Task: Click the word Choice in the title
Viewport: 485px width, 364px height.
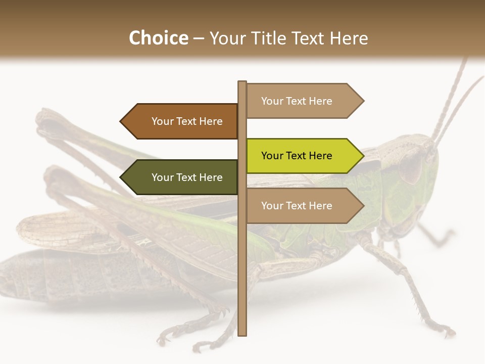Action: pyautogui.click(x=158, y=38)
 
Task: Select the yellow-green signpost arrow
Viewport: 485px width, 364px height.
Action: pyautogui.click(x=303, y=156)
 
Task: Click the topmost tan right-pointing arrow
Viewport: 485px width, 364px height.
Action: pyautogui.click(x=303, y=101)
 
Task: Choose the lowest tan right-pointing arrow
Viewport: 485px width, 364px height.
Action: pyautogui.click(x=303, y=206)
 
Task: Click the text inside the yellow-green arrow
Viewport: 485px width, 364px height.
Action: pyautogui.click(x=297, y=156)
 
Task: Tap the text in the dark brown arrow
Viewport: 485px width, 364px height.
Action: pyautogui.click(x=187, y=121)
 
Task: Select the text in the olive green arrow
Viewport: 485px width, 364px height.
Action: pyautogui.click(x=187, y=177)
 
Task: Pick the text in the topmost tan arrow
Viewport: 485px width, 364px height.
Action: pyautogui.click(x=297, y=101)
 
